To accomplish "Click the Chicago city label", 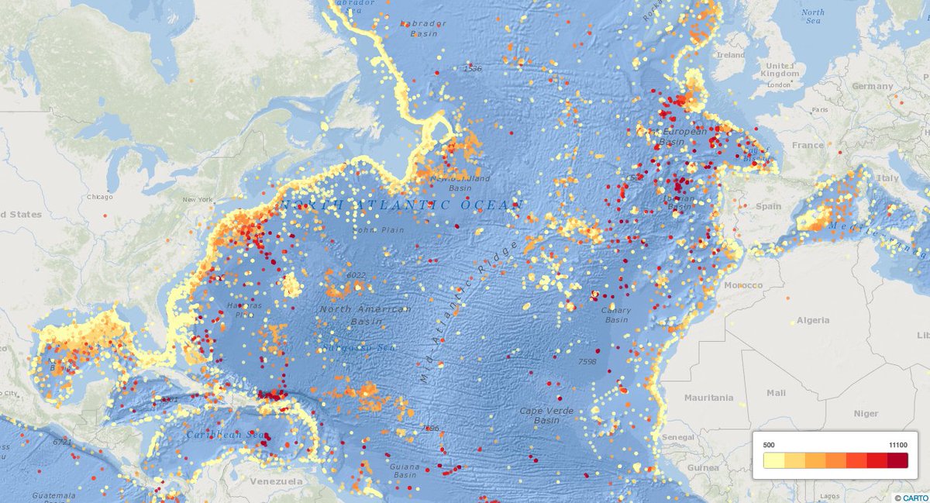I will [100, 197].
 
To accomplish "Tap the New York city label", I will [197, 200].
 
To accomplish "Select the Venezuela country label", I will [275, 481].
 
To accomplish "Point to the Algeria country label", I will [813, 320].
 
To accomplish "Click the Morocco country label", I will [743, 285].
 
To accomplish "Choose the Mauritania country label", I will [708, 398].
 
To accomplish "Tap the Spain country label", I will [768, 206].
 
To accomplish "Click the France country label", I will [808, 145].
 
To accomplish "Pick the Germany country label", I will [872, 86].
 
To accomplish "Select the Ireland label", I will [731, 56].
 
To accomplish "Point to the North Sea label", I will [813, 16].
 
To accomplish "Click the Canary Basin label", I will [616, 315].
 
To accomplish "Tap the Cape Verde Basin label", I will [539, 415].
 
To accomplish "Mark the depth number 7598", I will [587, 361].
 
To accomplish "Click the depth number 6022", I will [356, 275].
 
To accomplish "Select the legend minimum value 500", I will [770, 444].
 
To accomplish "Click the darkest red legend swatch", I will [897, 460].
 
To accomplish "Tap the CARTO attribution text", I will [914, 498].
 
